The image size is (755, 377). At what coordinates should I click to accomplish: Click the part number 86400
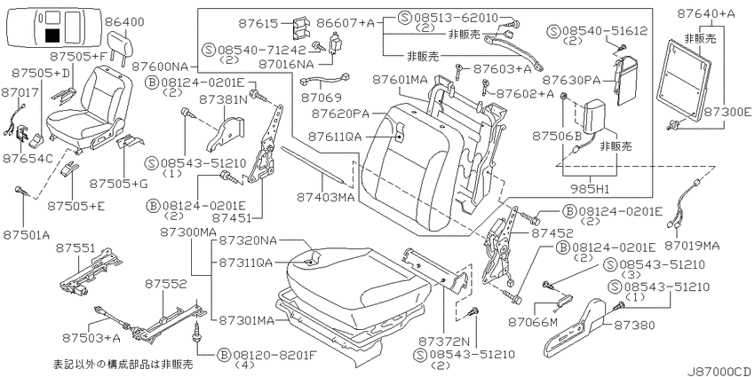(x=127, y=22)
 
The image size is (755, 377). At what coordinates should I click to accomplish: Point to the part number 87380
(x=634, y=326)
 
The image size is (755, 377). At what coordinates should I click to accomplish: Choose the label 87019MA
(x=693, y=246)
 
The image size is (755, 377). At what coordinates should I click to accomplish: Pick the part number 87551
(x=76, y=247)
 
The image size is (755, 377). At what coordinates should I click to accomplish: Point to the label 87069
(x=322, y=98)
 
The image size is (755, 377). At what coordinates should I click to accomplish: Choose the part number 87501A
(x=27, y=235)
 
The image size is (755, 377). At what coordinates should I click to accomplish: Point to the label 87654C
(x=27, y=158)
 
